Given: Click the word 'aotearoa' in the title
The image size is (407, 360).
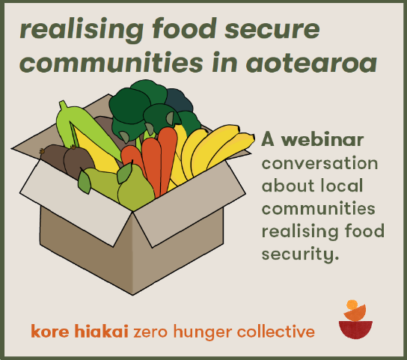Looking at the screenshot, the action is click(x=311, y=63).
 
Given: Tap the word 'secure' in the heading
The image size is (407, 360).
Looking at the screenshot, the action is click(x=272, y=29).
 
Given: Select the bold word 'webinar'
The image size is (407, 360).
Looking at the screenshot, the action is click(x=322, y=139).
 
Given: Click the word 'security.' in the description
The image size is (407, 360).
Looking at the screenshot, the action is click(x=300, y=254).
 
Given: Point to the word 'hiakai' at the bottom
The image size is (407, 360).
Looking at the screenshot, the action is click(x=101, y=331).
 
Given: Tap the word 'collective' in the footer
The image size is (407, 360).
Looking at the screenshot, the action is click(x=276, y=331).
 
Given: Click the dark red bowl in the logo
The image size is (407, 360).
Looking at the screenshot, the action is click(x=355, y=329).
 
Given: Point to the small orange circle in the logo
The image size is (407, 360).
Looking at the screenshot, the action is click(x=352, y=305).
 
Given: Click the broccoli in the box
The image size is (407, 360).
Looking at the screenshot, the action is click(x=150, y=109).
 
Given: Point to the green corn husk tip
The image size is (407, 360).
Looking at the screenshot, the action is click(x=62, y=104).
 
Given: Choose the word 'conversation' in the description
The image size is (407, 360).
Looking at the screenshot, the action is click(x=319, y=163).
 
